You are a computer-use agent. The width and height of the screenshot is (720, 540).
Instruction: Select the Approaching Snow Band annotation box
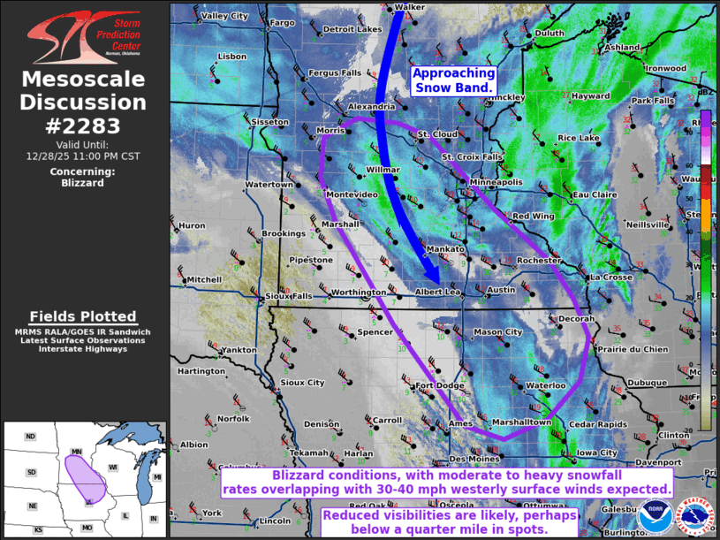pyautogui.click(x=453, y=80)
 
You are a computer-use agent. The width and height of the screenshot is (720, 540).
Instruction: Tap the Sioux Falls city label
pyautogui.click(x=289, y=296)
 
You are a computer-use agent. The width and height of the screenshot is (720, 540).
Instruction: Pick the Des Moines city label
pyautogui.click(x=474, y=460)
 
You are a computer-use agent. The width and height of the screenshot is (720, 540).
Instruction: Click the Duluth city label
pyautogui.click(x=549, y=34)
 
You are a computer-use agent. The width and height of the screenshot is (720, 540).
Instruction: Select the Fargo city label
pyautogui.click(x=283, y=22)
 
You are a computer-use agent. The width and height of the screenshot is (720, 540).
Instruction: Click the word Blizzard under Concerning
pyautogui.click(x=83, y=183)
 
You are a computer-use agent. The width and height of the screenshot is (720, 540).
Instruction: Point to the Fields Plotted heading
pyautogui.click(x=83, y=316)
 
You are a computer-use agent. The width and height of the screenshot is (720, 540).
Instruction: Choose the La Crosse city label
pyautogui.click(x=611, y=277)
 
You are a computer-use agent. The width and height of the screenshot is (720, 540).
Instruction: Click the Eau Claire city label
pyautogui.click(x=594, y=194)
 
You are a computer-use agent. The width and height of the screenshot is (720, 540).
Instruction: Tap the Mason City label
pyautogui.click(x=498, y=332)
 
